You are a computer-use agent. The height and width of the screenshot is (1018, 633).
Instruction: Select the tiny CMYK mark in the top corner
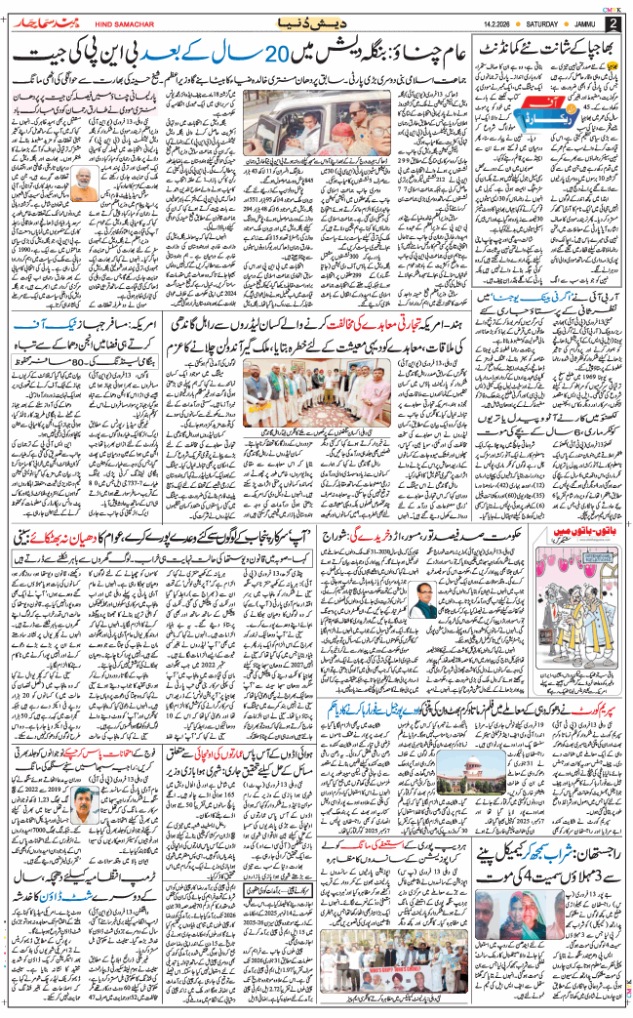click(613, 7)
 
